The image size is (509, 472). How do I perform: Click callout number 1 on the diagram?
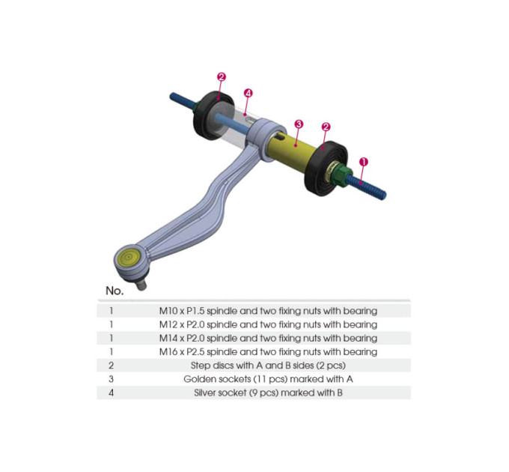(364, 161)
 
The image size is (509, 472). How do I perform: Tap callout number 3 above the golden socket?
(299, 124)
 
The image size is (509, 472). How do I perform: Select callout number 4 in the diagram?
(248, 93)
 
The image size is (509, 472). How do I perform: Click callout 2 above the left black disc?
(222, 77)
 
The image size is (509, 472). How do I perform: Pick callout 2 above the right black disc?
(326, 127)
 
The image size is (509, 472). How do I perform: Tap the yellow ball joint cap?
(129, 257)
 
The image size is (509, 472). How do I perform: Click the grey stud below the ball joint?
(141, 285)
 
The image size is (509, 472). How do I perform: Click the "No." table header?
(115, 291)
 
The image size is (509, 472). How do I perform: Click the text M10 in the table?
(168, 311)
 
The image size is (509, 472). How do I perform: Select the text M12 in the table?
(168, 324)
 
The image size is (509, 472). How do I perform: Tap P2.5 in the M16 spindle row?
(195, 352)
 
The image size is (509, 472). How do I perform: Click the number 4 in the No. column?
(111, 393)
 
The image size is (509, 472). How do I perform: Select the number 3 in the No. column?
(111, 379)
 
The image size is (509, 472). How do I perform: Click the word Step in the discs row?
(201, 366)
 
